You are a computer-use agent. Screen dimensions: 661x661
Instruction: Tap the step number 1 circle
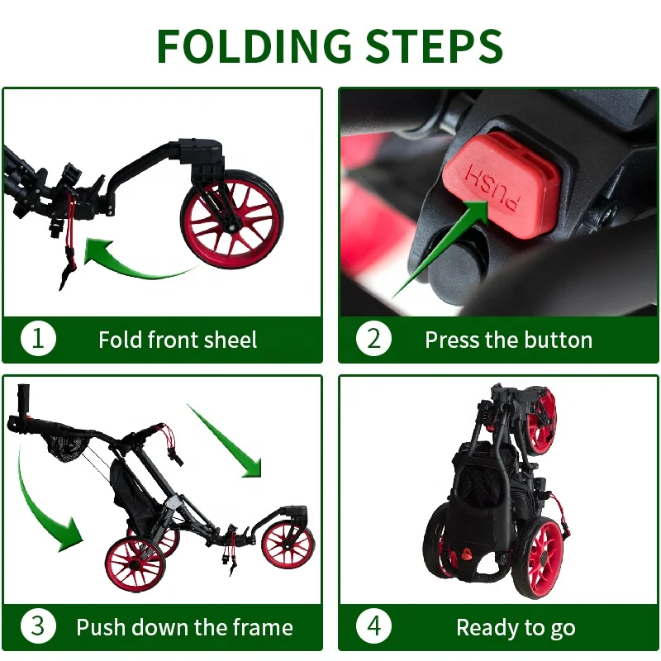[x=38, y=339]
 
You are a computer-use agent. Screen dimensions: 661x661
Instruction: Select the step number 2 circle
[x=373, y=339]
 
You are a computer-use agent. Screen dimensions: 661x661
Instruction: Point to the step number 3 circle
[x=38, y=626]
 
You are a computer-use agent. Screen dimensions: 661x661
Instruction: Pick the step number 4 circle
[x=373, y=626]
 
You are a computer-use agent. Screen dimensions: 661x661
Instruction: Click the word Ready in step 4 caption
[x=483, y=628]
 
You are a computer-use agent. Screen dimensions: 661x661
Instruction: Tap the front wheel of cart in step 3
[x=288, y=545]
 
